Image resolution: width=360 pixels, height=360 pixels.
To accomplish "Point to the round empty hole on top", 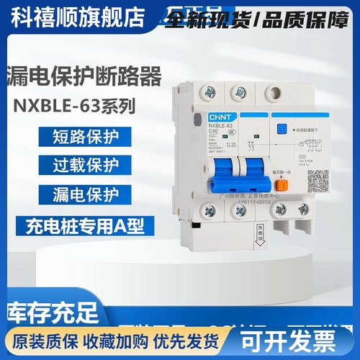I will click(274, 92).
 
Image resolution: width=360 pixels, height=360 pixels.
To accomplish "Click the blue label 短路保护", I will click(82, 135).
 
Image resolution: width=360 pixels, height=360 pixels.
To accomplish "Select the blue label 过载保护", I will click(82, 166).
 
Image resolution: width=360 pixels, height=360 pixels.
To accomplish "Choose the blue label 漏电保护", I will click(82, 197).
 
